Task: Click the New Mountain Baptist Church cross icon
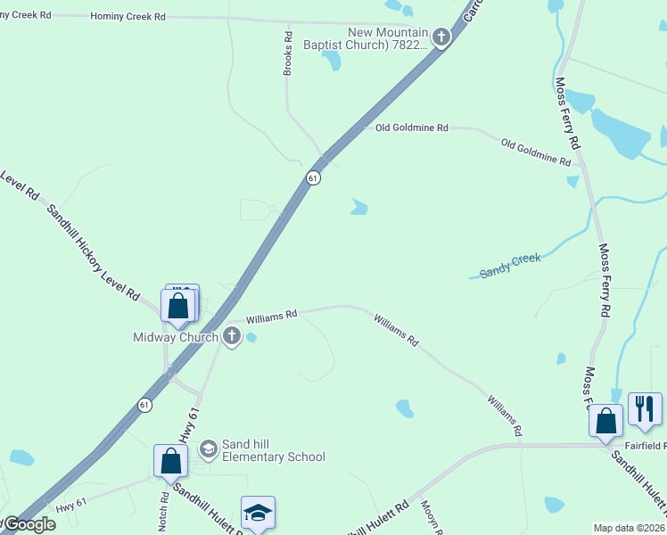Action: (441, 37)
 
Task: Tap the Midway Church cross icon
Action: (232, 337)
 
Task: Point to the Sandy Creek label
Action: (510, 265)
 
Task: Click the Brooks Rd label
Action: (288, 53)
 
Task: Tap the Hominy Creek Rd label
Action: (128, 17)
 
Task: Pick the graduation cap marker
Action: (258, 513)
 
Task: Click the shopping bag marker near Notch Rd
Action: (170, 461)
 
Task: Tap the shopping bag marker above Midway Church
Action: (179, 305)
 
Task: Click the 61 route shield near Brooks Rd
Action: (313, 177)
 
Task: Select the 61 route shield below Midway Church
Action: (145, 405)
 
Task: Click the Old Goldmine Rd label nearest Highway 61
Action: (411, 128)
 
